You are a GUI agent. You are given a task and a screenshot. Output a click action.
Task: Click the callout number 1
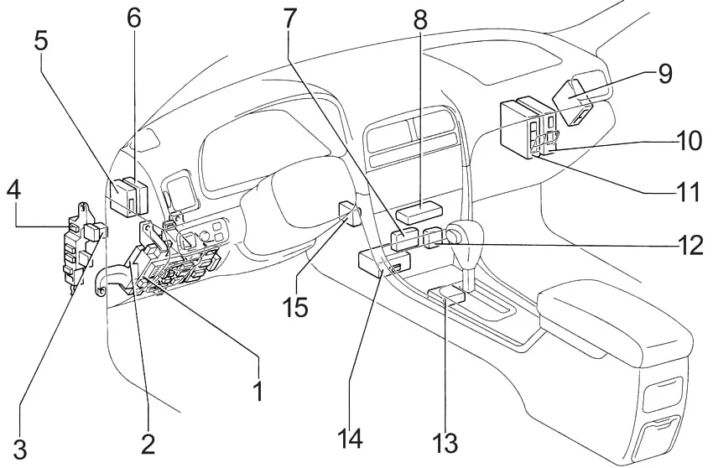pyautogui.click(x=258, y=391)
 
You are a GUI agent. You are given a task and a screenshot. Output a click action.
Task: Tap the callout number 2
pyautogui.click(x=148, y=443)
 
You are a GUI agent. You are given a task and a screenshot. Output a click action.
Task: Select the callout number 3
pyautogui.click(x=19, y=447)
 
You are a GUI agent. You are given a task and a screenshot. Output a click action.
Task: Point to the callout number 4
pyautogui.click(x=13, y=190)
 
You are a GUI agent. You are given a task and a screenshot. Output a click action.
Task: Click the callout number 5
pyautogui.click(x=40, y=41)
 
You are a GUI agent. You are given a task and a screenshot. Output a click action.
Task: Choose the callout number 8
pyautogui.click(x=419, y=19)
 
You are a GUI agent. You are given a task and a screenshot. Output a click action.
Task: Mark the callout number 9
pyautogui.click(x=664, y=73)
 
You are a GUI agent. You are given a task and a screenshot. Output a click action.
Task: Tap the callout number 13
pyautogui.click(x=445, y=442)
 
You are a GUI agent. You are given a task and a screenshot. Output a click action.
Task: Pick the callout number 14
pyautogui.click(x=350, y=439)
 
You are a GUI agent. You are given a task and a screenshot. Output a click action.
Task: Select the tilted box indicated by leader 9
pyautogui.click(x=572, y=102)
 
